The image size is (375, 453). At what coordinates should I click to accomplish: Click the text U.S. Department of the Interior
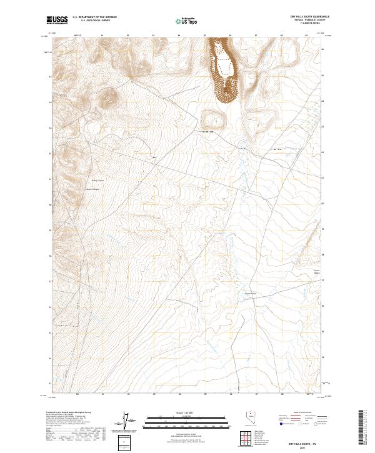point(94,17)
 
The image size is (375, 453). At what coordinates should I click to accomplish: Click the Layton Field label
point(249,294)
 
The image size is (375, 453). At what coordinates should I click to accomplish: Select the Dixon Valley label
point(316,271)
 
